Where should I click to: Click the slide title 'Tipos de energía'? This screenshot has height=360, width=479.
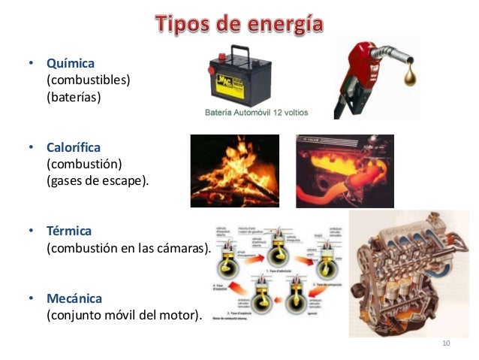239,24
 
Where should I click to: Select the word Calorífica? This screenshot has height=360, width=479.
76,148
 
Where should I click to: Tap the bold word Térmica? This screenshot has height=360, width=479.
68,231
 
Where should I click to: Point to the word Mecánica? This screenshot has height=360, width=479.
74,298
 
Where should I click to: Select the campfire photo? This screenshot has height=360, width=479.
234,171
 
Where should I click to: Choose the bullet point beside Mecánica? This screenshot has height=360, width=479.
31,298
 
